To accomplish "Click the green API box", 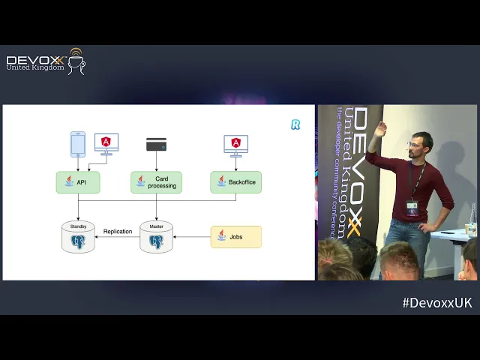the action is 78,182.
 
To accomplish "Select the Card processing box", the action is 156,182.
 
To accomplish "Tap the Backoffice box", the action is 235,182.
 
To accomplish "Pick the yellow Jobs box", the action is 235,237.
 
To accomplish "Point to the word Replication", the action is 118,232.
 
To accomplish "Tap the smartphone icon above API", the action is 78,144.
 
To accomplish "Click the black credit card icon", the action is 156,143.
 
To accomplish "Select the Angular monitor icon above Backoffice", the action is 235,144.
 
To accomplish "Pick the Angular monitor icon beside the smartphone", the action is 106,143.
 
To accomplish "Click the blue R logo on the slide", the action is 295,124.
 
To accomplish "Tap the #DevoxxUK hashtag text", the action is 437,302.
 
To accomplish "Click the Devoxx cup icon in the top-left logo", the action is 76,61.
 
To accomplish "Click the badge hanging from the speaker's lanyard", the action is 412,206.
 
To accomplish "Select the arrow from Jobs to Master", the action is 191,237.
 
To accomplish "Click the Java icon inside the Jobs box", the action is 221,236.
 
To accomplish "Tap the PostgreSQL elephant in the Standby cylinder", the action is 78,241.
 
